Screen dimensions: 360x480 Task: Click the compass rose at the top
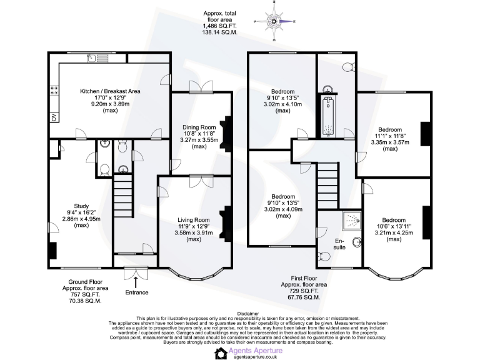tap(275, 22)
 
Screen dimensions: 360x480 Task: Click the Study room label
tap(72, 214)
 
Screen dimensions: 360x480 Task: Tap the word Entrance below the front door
tap(137, 292)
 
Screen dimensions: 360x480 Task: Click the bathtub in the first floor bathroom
tap(327, 116)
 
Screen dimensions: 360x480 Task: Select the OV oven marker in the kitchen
tap(54, 117)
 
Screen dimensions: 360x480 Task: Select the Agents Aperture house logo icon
tap(221, 353)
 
